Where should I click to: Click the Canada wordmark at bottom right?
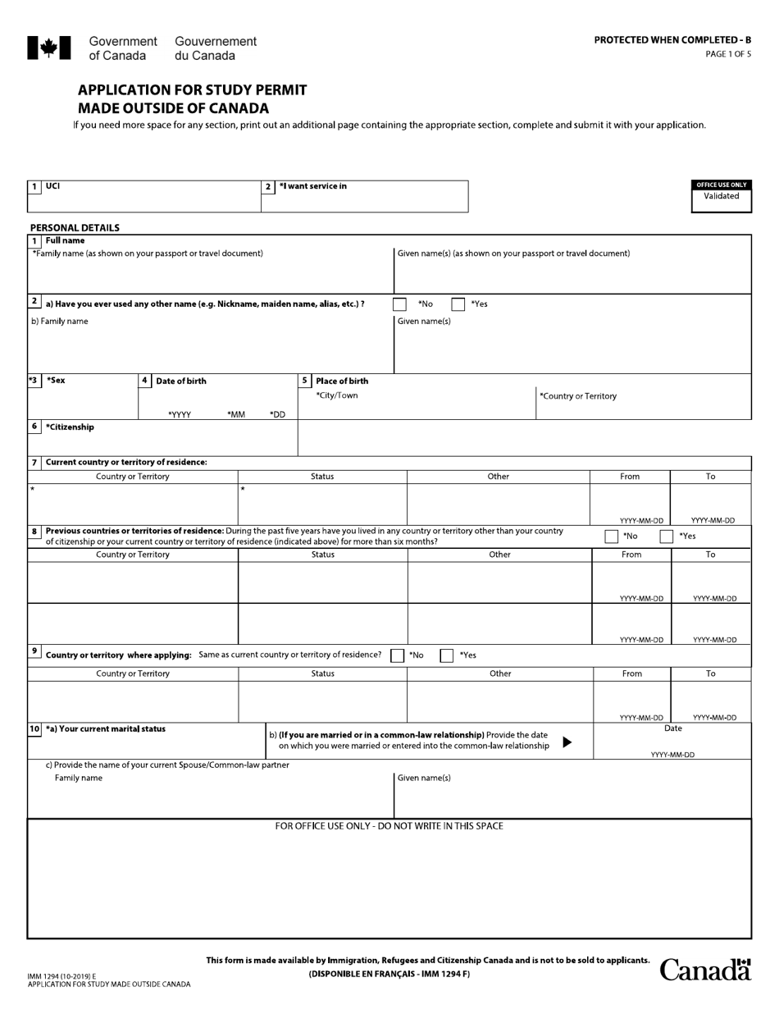(x=705, y=970)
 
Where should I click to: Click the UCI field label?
(x=52, y=186)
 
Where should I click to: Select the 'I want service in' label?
(x=312, y=186)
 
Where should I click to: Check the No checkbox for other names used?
(x=399, y=304)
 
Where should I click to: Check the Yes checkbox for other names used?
(x=458, y=304)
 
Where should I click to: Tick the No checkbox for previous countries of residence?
(x=611, y=536)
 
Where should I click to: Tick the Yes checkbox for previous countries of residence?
(x=667, y=536)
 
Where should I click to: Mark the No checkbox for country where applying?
(x=398, y=655)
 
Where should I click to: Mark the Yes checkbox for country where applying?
(x=447, y=655)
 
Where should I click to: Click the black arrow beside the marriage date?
(x=567, y=742)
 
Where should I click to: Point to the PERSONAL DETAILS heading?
(x=75, y=228)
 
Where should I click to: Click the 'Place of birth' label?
(x=342, y=381)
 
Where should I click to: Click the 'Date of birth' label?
(x=181, y=381)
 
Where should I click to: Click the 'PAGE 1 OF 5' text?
(x=727, y=55)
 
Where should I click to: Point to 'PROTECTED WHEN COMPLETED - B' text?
(x=672, y=40)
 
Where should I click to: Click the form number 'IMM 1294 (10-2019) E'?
(x=61, y=976)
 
